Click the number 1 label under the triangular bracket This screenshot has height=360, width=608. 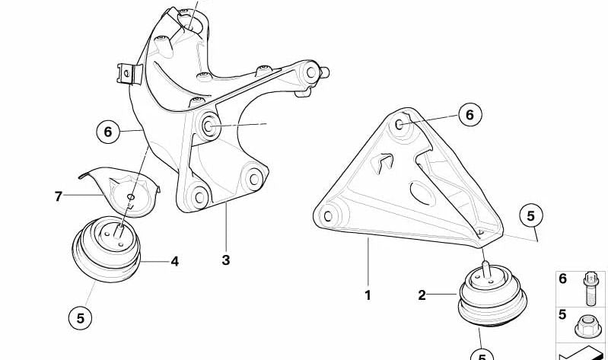(x=368, y=295)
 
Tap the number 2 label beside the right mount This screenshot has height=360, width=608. (x=422, y=295)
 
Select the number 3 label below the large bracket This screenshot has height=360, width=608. (x=226, y=260)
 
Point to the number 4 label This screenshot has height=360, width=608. (x=175, y=262)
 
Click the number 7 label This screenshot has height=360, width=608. (x=58, y=196)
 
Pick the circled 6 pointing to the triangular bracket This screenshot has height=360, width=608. (x=470, y=115)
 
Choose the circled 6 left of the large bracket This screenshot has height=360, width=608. (x=108, y=132)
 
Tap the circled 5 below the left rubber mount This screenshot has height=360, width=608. (x=80, y=318)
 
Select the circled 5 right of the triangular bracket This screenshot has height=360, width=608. (x=531, y=215)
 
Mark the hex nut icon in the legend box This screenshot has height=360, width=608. (x=588, y=327)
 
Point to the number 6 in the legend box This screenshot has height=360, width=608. (x=562, y=279)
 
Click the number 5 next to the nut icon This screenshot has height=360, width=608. (x=562, y=314)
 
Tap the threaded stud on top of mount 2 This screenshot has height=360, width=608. (x=485, y=268)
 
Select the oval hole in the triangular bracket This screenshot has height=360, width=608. (x=422, y=193)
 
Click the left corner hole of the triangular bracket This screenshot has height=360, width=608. (x=328, y=216)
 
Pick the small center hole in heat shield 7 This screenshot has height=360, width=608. (x=131, y=196)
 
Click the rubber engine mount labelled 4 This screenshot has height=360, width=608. (x=107, y=249)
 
